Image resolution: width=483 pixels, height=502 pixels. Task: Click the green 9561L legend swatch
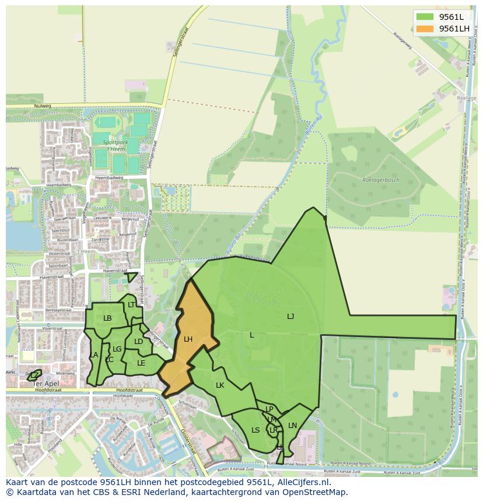click(x=425, y=16)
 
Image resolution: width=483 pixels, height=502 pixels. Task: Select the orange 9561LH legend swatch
click(x=425, y=28)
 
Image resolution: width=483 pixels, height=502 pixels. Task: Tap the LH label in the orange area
click(x=188, y=339)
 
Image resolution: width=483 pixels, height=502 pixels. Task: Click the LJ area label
click(x=290, y=316)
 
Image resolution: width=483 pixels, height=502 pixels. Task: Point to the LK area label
click(x=220, y=385)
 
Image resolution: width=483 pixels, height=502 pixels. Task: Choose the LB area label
click(x=107, y=318)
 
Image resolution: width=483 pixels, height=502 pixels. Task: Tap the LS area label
click(x=256, y=430)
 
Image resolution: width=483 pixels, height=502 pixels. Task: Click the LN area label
click(x=292, y=426)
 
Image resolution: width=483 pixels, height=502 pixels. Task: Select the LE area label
click(x=141, y=363)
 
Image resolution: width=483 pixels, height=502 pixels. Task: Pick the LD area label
click(x=138, y=342)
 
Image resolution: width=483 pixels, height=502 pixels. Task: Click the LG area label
click(x=117, y=349)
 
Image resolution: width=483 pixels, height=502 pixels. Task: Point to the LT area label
click(x=131, y=305)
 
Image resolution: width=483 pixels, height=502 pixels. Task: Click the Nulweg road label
click(x=43, y=106)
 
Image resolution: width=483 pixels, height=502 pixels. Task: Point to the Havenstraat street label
click(x=114, y=271)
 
